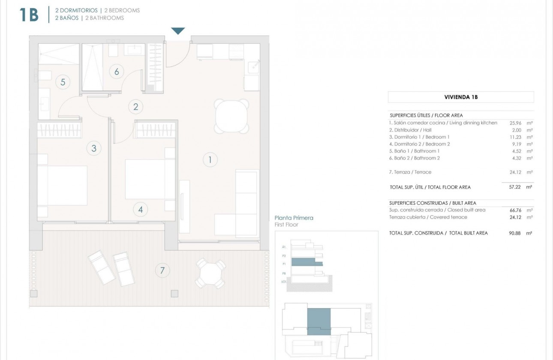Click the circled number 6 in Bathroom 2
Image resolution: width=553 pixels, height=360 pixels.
[x=116, y=71]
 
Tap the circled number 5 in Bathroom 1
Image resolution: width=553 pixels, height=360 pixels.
[x=63, y=81]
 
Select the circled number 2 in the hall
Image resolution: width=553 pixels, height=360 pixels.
[x=135, y=107]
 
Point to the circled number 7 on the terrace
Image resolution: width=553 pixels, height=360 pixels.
[x=162, y=270]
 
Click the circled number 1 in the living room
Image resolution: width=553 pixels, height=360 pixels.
[x=210, y=160]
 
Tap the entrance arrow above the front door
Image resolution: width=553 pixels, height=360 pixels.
[x=178, y=31]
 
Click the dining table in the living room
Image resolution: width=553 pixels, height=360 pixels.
[x=231, y=116]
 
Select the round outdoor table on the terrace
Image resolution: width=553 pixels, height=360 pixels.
[x=210, y=273]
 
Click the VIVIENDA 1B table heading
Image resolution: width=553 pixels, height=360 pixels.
[x=461, y=97]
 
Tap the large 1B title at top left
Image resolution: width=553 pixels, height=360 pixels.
[x=29, y=15]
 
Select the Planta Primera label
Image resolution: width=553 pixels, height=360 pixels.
[x=294, y=218]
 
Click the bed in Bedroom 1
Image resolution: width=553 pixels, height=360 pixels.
[x=62, y=186]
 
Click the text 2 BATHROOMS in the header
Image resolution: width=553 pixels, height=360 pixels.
[x=105, y=18]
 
